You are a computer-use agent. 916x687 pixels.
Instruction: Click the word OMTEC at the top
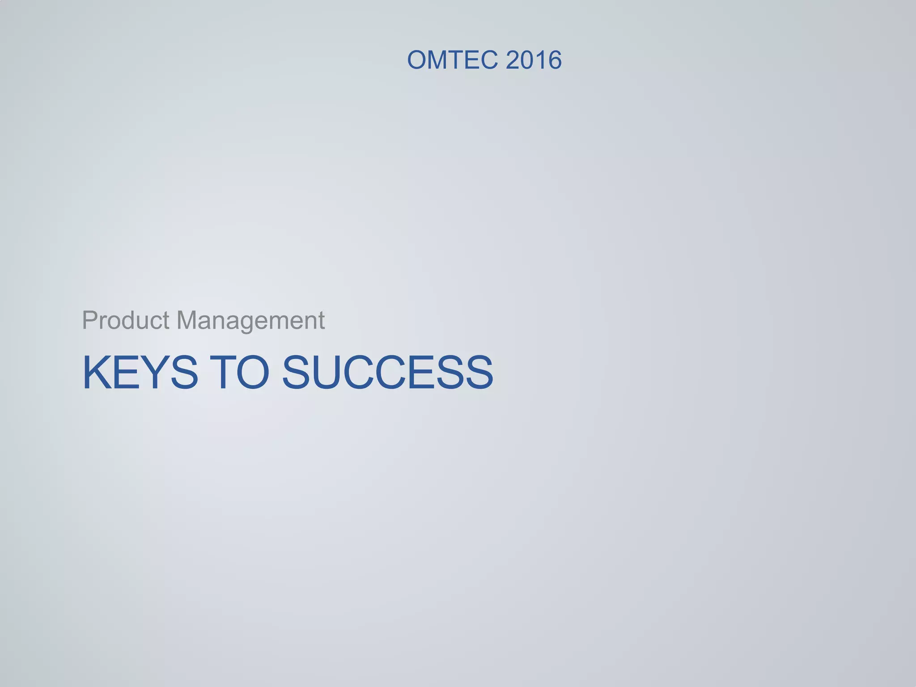click(452, 60)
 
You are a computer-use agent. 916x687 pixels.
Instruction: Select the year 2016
click(534, 60)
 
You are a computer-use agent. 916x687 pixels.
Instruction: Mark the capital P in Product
click(89, 320)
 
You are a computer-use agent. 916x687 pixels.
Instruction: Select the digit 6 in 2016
click(554, 60)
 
